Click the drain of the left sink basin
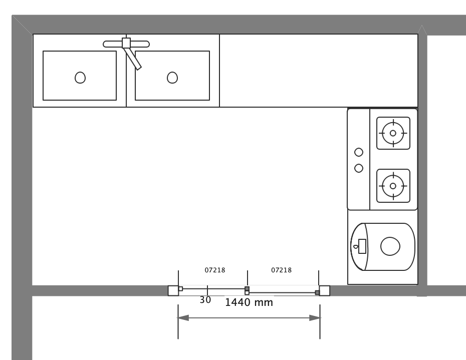(x=80, y=78)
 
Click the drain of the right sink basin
(x=172, y=78)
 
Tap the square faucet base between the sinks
(x=126, y=43)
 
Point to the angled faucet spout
(x=133, y=59)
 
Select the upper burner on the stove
(x=393, y=133)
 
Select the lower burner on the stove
(x=393, y=186)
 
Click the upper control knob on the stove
(x=359, y=152)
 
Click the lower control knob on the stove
(x=359, y=168)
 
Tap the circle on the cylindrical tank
(x=390, y=246)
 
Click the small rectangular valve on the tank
(x=362, y=246)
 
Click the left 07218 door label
(x=215, y=270)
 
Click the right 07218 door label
(x=282, y=270)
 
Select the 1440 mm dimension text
(x=249, y=303)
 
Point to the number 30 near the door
(x=205, y=300)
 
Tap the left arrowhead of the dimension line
(x=183, y=318)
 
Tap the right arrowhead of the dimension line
(x=315, y=318)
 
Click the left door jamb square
(x=173, y=290)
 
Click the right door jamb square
(x=324, y=290)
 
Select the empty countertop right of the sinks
(x=318, y=71)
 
